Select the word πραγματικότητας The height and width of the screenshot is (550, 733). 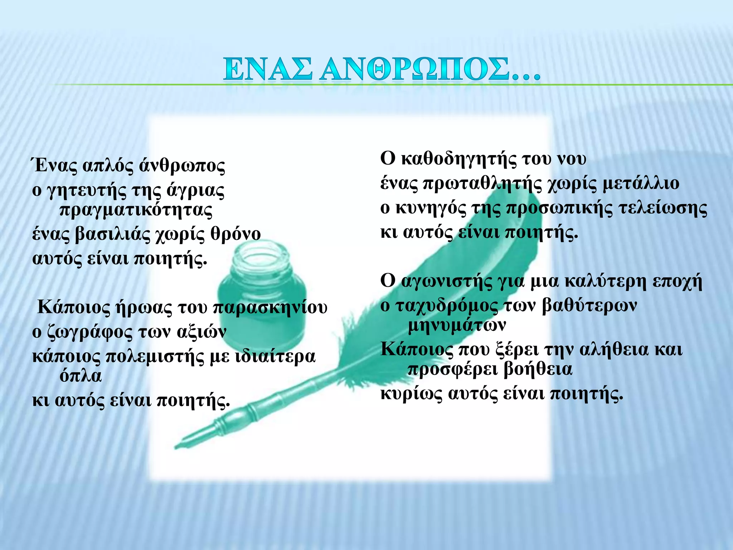tap(136, 211)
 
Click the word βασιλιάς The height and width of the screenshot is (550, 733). tap(113, 235)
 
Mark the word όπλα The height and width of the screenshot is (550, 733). tap(81, 376)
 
